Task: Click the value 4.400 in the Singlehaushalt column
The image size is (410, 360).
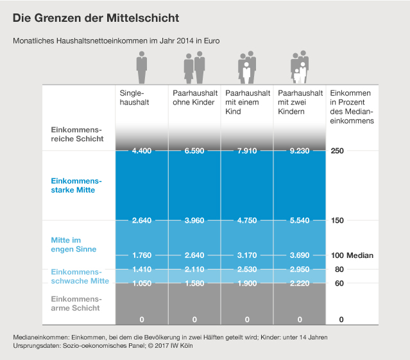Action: [x=141, y=151]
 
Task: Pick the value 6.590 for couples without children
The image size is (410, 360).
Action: [x=194, y=151]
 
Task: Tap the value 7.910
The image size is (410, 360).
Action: [x=247, y=151]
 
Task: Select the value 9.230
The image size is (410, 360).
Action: [x=300, y=151]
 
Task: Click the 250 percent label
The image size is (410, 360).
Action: [x=338, y=151]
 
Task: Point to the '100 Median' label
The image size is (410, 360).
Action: [x=352, y=255]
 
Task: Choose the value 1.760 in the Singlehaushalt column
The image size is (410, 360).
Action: [x=141, y=255]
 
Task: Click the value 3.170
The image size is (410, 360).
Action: [x=247, y=255]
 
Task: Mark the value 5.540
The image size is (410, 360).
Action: [x=300, y=221]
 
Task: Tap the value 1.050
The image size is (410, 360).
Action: [x=141, y=283]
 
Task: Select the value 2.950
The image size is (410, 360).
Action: [x=300, y=270]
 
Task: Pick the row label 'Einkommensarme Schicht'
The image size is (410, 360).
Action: [x=76, y=304]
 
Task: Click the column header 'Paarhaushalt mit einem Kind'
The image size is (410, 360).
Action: [x=243, y=102]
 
